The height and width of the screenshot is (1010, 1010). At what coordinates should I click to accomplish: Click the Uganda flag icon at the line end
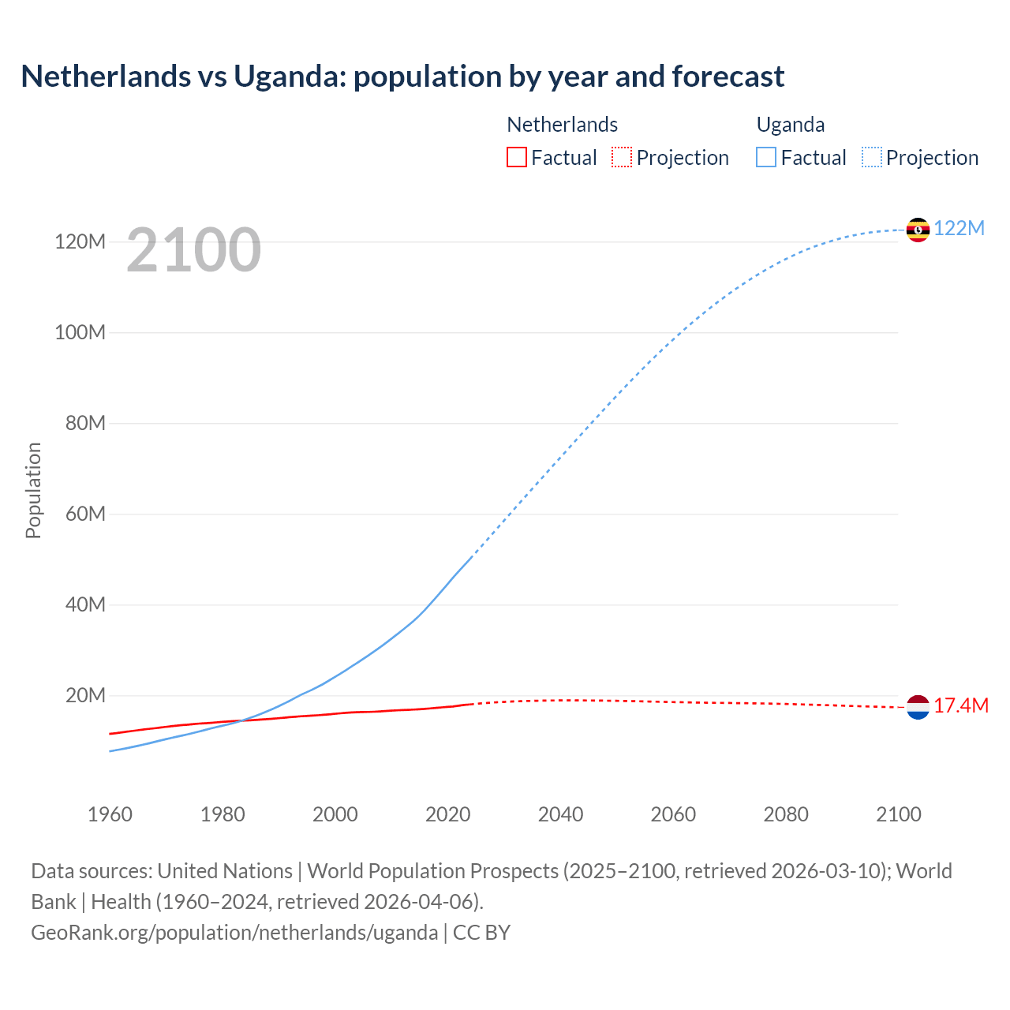tap(918, 230)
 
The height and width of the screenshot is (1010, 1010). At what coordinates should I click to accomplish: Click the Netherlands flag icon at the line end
tap(918, 707)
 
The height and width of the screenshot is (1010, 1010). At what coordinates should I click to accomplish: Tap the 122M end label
tap(959, 229)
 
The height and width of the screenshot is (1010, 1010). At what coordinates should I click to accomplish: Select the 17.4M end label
tap(960, 706)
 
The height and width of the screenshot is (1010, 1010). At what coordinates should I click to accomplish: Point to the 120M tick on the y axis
tap(80, 241)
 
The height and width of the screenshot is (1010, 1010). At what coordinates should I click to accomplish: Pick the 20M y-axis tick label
tap(85, 696)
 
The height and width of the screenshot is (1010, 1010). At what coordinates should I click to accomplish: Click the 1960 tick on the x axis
tap(110, 814)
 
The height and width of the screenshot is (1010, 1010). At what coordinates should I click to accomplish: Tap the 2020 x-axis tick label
tap(447, 814)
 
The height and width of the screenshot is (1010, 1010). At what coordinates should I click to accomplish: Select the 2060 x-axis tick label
tap(673, 814)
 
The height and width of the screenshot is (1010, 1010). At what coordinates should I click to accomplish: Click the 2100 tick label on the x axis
tap(898, 814)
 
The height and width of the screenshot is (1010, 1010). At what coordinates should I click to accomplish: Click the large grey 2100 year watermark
tap(193, 250)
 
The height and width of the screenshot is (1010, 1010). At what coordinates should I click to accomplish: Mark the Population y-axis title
tap(33, 490)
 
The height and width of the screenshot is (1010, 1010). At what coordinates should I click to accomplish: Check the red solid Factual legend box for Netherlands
tap(516, 158)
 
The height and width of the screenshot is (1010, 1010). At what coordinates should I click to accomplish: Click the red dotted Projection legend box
tap(622, 158)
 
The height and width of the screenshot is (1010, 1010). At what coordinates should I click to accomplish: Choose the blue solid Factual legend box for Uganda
tap(766, 158)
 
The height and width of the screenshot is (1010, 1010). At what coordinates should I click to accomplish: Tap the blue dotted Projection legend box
tap(871, 158)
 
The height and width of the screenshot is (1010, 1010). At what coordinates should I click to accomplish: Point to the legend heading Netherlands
tap(562, 125)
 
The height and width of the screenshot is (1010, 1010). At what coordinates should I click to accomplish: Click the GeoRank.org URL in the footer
tap(234, 933)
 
